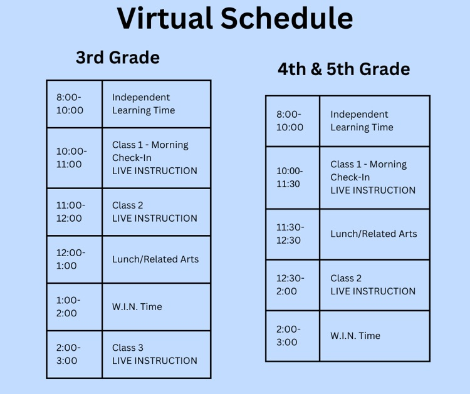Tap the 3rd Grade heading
(x=118, y=58)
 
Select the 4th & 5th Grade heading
(x=344, y=69)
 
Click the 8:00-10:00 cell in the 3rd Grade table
(x=70, y=104)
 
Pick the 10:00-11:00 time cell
(x=72, y=158)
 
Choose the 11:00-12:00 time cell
(x=71, y=212)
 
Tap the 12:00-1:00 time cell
(x=71, y=259)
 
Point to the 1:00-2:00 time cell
(x=68, y=307)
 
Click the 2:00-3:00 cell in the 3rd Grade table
(x=68, y=355)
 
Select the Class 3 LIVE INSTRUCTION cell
(x=154, y=355)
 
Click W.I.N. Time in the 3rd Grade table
(x=137, y=307)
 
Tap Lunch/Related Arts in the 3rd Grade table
(x=155, y=259)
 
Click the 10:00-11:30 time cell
(x=290, y=177)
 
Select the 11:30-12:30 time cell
(x=289, y=234)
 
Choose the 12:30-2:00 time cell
(x=289, y=285)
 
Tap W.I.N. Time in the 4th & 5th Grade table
(x=355, y=336)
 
